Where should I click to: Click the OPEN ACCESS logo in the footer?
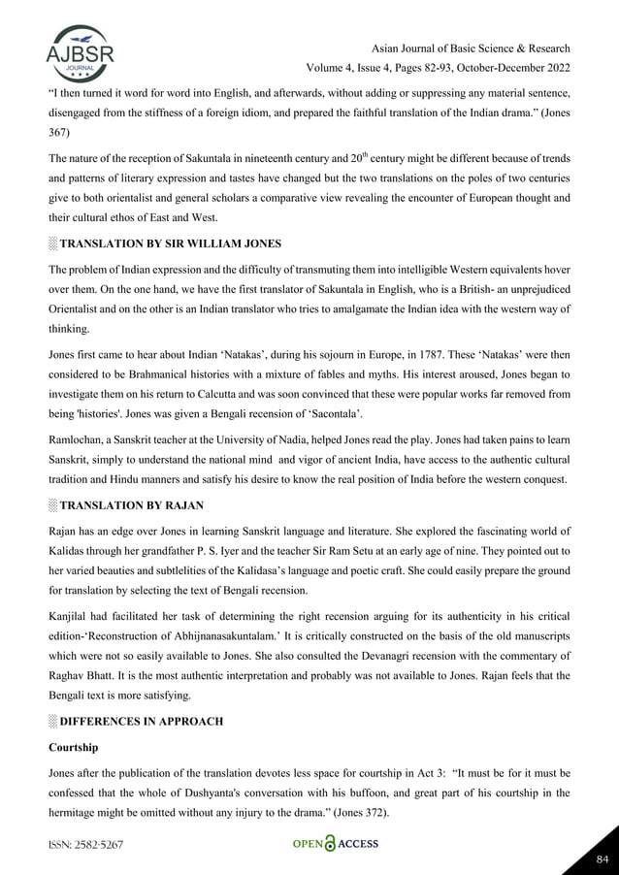335,844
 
